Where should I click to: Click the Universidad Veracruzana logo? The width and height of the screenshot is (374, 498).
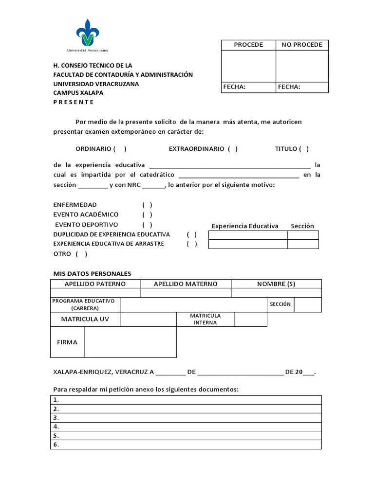tap(88, 35)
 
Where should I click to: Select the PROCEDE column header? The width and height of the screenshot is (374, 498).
tap(248, 45)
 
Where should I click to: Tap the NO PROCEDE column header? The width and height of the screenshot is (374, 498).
tap(302, 45)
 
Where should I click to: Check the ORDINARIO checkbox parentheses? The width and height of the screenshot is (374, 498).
tap(120, 149)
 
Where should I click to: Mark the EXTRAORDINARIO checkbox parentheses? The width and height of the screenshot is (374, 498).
tap(233, 149)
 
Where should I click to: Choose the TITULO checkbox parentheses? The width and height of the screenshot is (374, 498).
tap(304, 149)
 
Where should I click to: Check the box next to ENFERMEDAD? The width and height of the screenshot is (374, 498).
tap(148, 205)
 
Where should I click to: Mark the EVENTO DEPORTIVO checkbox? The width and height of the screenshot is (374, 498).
tap(148, 225)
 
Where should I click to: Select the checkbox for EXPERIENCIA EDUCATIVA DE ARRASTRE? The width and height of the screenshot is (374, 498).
tap(192, 244)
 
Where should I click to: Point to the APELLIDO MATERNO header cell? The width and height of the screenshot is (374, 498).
tap(186, 284)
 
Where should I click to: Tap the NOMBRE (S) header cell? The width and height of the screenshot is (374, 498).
tap(276, 284)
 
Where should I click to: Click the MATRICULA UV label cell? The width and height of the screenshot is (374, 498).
tap(85, 320)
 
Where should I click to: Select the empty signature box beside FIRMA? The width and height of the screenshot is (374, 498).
tap(131, 342)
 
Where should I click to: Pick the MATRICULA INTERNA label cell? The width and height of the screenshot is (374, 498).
tap(205, 319)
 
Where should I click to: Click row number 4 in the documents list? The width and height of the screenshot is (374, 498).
tap(186, 427)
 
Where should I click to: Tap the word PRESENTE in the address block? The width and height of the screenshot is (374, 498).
tap(73, 102)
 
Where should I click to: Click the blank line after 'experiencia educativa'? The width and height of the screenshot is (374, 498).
tap(229, 165)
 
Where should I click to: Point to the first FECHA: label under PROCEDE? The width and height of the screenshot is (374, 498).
tap(234, 88)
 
